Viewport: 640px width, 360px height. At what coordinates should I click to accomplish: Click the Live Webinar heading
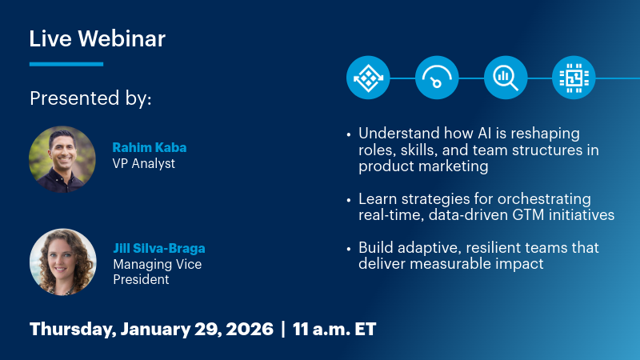click(98, 38)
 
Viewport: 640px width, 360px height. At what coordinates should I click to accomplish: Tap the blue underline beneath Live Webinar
click(66, 64)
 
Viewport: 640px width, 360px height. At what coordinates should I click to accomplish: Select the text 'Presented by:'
click(90, 98)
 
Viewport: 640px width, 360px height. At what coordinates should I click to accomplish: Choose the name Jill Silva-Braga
click(159, 248)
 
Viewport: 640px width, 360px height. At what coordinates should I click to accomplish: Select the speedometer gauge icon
click(436, 78)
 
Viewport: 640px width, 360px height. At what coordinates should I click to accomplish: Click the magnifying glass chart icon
click(505, 78)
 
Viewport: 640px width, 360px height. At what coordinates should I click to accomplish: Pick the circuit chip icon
click(574, 78)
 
